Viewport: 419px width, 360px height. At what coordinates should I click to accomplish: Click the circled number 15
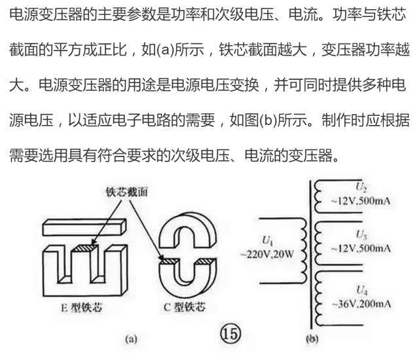pyautogui.click(x=230, y=333)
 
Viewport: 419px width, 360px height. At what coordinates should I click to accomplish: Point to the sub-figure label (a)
pyautogui.click(x=130, y=338)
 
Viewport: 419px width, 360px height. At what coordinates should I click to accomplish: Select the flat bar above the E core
pyautogui.click(x=83, y=225)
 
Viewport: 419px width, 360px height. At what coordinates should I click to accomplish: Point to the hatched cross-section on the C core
pyautogui.click(x=171, y=262)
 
